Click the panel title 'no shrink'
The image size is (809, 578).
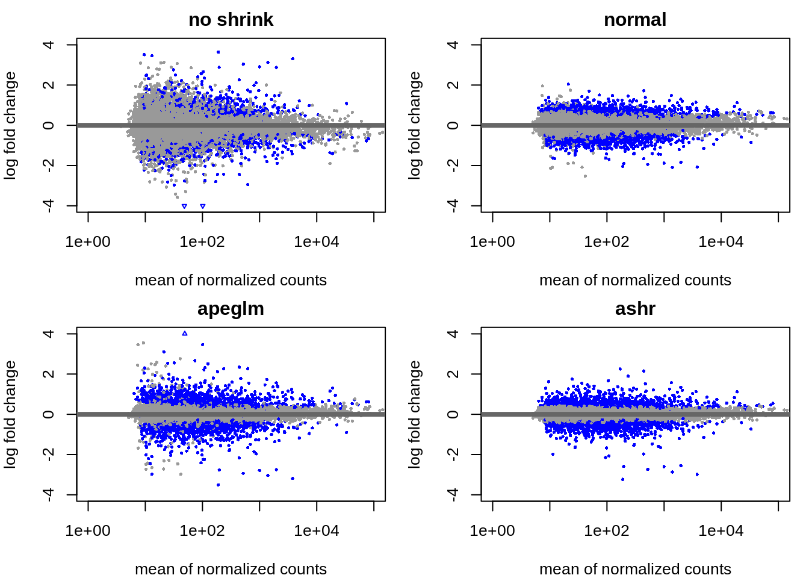click(231, 20)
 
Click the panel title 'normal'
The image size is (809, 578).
click(635, 20)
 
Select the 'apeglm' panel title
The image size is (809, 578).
click(231, 309)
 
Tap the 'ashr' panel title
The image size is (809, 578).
click(635, 309)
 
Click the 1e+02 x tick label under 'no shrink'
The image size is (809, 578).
click(202, 242)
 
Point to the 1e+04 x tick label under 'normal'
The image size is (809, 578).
click(721, 242)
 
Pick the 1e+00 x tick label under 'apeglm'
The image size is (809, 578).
click(88, 531)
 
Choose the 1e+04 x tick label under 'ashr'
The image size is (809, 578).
click(721, 531)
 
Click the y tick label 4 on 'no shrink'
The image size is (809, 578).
click(49, 45)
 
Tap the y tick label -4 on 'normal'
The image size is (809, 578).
click(454, 206)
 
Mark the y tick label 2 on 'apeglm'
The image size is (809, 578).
click(49, 374)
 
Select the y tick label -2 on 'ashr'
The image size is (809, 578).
click(454, 455)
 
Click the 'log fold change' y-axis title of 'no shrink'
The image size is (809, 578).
click(10, 125)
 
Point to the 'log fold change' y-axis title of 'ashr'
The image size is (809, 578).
click(415, 414)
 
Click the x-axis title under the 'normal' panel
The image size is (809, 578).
click(635, 281)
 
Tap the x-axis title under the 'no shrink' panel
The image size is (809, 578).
click(231, 281)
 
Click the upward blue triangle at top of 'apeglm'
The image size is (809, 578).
click(185, 334)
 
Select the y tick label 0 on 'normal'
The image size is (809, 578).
click(454, 125)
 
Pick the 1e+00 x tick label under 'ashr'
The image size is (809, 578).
click(492, 531)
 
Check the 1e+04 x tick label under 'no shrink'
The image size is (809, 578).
click(317, 242)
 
